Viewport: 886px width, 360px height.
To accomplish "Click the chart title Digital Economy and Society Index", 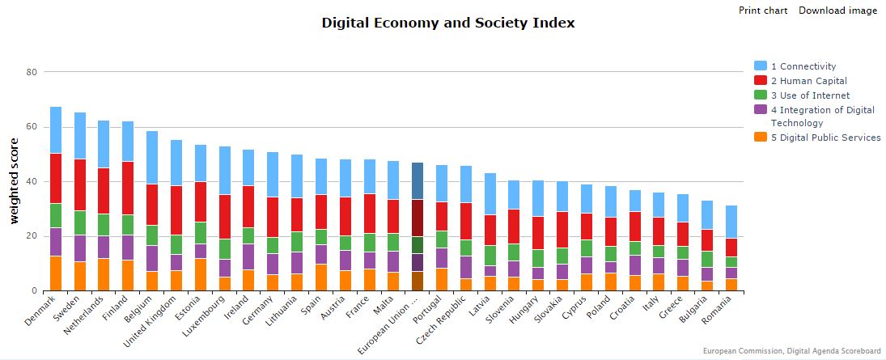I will pos(448,23).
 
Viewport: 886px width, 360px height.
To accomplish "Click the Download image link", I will pos(837,11).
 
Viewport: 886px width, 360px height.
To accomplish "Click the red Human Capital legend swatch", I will pos(761,81).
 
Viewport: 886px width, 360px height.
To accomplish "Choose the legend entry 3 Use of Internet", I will pos(810,95).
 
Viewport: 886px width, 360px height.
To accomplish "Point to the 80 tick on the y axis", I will pos(32,72).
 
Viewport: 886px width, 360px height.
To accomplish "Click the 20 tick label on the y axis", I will pos(32,236).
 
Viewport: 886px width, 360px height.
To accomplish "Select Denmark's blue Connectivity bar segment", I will pos(56,129).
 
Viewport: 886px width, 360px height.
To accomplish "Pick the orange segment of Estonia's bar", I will pos(201,274).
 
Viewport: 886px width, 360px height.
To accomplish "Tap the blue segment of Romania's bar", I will pos(731,222).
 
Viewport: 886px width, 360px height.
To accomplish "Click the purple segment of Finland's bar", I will pos(128,247).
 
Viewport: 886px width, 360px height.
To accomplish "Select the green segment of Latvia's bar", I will pos(490,255).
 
